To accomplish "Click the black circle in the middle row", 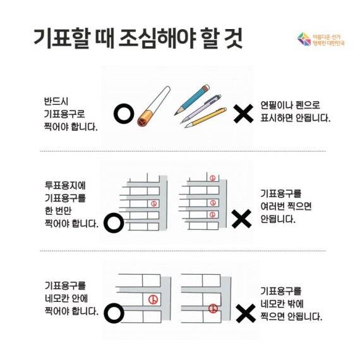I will point(113,222).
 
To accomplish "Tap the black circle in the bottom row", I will point(113,312).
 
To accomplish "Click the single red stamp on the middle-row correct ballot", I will point(153,203).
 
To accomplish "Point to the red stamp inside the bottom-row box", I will point(151,299).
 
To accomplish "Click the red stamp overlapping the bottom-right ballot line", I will point(214,308).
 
